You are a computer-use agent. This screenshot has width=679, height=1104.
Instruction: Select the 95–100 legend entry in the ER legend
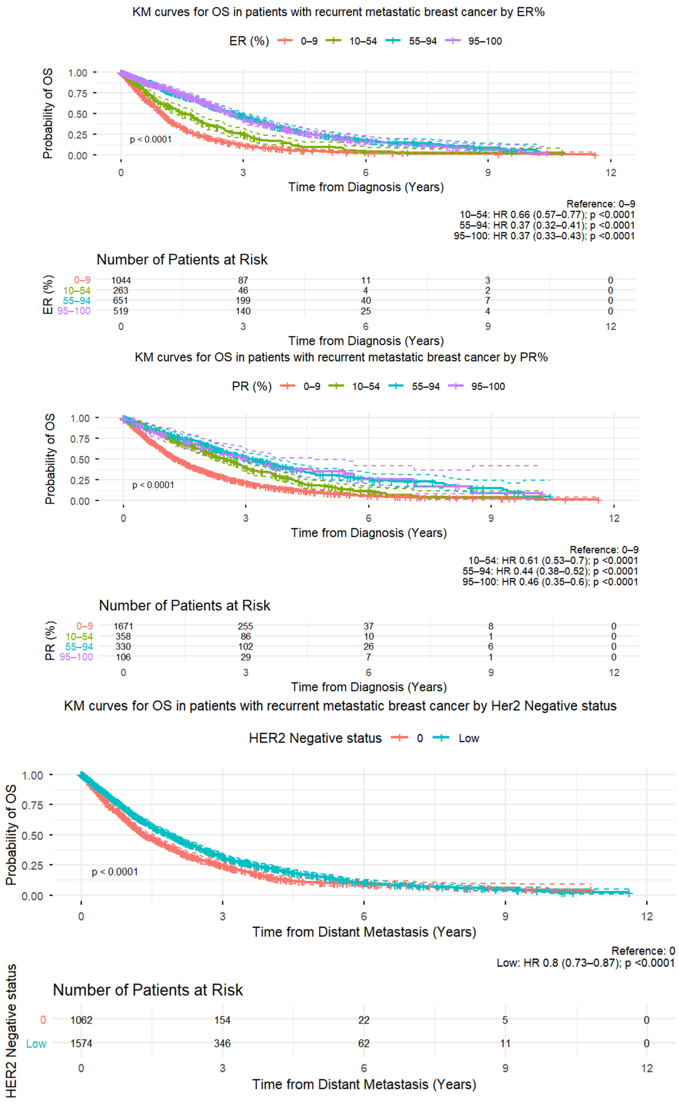485,41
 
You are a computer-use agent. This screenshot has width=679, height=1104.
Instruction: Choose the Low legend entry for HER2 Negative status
468,738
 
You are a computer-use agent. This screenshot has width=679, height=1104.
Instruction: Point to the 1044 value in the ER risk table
121,280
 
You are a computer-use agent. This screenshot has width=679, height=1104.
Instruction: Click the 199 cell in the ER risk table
243,301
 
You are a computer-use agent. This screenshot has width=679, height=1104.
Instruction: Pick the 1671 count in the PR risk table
123,626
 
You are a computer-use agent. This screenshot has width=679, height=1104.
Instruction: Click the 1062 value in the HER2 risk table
81,1020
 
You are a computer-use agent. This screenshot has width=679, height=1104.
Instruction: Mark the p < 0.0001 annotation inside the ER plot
150,140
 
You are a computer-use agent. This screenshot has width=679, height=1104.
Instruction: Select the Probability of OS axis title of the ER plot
48,114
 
